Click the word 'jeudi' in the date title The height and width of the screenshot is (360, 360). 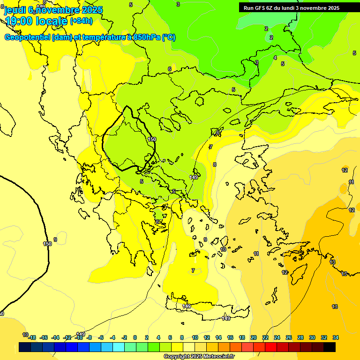(15, 10)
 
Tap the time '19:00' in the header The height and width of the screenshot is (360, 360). (19, 21)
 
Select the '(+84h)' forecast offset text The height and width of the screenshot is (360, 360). (81, 21)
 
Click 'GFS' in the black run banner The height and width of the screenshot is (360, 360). (260, 8)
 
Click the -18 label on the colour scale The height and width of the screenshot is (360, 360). (32, 337)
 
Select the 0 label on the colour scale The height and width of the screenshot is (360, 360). (135, 337)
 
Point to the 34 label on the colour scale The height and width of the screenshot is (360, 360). (336, 337)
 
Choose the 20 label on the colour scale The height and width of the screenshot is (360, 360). (254, 337)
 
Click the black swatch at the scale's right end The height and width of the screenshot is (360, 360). (330, 347)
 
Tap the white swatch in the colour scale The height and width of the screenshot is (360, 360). (189, 347)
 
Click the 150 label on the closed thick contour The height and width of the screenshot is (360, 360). (152, 139)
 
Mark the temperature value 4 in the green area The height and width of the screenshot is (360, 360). (275, 58)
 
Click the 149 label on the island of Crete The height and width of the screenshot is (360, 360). (187, 306)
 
